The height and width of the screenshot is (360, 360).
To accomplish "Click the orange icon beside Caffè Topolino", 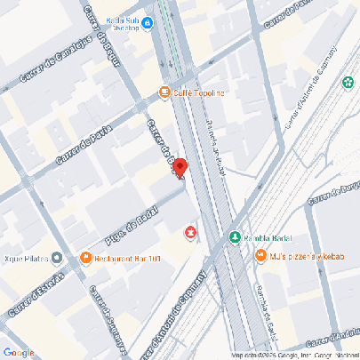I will click(164, 92).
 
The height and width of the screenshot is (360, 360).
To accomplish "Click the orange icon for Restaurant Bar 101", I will click(85, 260).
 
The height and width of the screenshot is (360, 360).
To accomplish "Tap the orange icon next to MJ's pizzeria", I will click(260, 256).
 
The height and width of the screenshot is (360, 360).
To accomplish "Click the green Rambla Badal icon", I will click(234, 237).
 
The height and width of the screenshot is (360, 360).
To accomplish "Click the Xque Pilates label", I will click(25, 260).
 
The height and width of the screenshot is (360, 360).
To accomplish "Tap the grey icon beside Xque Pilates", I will click(57, 259).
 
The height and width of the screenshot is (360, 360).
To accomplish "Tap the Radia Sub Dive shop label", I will click(131, 22).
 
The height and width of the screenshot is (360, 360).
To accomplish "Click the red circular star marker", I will click(190, 232).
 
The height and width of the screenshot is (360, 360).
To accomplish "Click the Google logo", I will click(19, 353).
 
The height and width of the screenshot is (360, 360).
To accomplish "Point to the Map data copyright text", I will click(292, 356).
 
